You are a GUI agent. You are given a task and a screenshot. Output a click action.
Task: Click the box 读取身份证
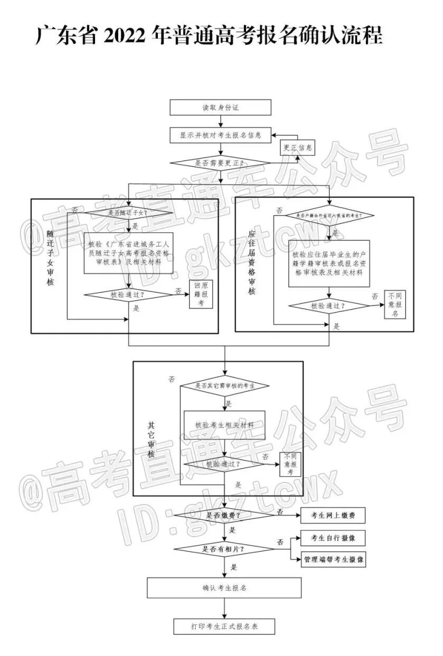click(220, 107)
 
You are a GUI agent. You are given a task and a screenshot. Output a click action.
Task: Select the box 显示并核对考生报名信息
click(220, 135)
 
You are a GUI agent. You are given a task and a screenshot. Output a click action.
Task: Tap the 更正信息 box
click(297, 148)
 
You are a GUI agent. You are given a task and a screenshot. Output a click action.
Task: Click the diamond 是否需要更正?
click(220, 163)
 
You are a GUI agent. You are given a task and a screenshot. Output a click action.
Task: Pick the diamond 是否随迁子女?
click(129, 213)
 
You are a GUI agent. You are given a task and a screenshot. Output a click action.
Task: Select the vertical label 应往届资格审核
click(251, 262)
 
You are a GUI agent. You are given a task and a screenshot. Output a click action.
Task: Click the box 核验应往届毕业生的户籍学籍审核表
click(329, 264)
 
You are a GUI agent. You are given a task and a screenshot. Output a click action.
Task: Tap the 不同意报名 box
click(394, 305)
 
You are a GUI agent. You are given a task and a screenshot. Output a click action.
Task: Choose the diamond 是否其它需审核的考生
click(225, 386)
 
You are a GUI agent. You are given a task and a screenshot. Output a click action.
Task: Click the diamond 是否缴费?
click(225, 515)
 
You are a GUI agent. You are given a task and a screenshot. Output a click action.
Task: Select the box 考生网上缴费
click(333, 515)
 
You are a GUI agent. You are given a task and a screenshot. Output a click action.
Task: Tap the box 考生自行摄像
click(333, 538)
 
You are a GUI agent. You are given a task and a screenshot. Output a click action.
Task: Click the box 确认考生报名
click(224, 587)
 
